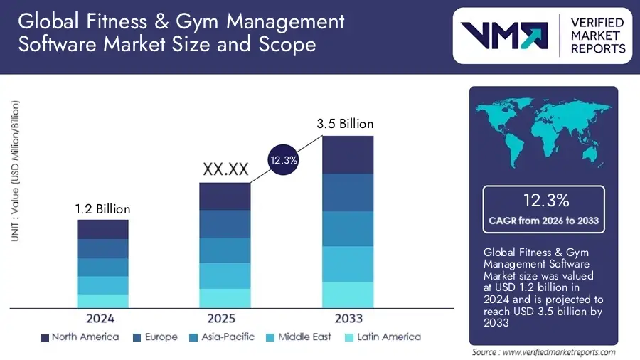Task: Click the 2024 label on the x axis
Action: click(x=102, y=319)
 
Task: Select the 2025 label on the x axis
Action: click(x=225, y=319)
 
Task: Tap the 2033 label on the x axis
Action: click(x=348, y=319)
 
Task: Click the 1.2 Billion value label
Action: click(x=102, y=209)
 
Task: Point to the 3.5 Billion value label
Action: click(x=345, y=124)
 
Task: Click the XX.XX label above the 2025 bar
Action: click(x=225, y=169)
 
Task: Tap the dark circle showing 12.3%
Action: click(x=283, y=161)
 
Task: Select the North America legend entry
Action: click(x=80, y=337)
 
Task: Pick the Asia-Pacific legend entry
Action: click(x=221, y=337)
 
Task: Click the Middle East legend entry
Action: click(x=297, y=337)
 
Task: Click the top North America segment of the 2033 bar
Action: click(x=348, y=154)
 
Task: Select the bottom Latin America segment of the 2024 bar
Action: click(x=102, y=301)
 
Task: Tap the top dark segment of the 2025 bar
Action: click(x=225, y=196)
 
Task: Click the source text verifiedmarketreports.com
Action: click(x=544, y=352)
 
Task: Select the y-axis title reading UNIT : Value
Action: click(x=16, y=171)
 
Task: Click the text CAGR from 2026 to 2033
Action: click(x=543, y=221)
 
